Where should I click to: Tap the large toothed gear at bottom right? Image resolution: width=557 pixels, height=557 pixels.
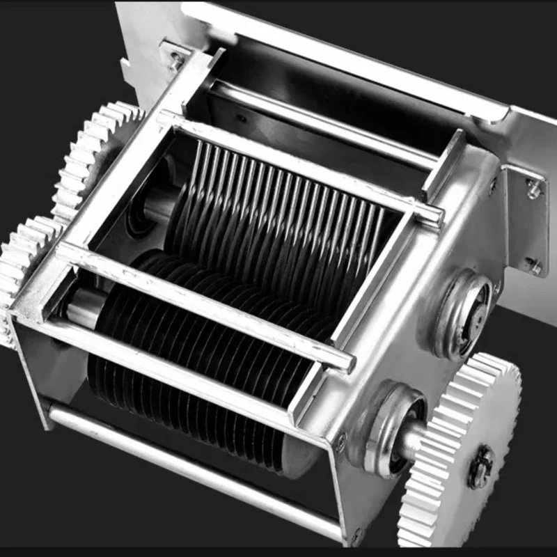(x=463, y=453)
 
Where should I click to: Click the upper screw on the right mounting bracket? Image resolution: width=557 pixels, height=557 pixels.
(x=533, y=188)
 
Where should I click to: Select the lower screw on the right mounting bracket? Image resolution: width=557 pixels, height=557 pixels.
(x=533, y=265)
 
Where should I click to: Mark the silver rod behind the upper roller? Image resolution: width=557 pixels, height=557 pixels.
(x=320, y=125)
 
